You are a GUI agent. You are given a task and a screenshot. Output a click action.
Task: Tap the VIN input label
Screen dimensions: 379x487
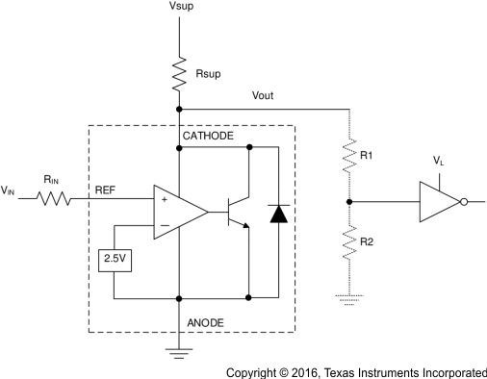click(9, 190)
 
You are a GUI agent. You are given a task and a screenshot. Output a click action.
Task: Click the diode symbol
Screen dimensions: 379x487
click(279, 213)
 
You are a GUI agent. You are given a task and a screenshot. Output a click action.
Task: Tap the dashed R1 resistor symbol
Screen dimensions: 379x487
click(347, 154)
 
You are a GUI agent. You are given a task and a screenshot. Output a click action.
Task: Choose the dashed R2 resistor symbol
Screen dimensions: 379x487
click(347, 245)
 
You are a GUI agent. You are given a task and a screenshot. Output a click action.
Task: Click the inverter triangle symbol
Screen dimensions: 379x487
click(439, 202)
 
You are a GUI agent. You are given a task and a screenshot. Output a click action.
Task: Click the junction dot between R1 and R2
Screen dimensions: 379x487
click(347, 202)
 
